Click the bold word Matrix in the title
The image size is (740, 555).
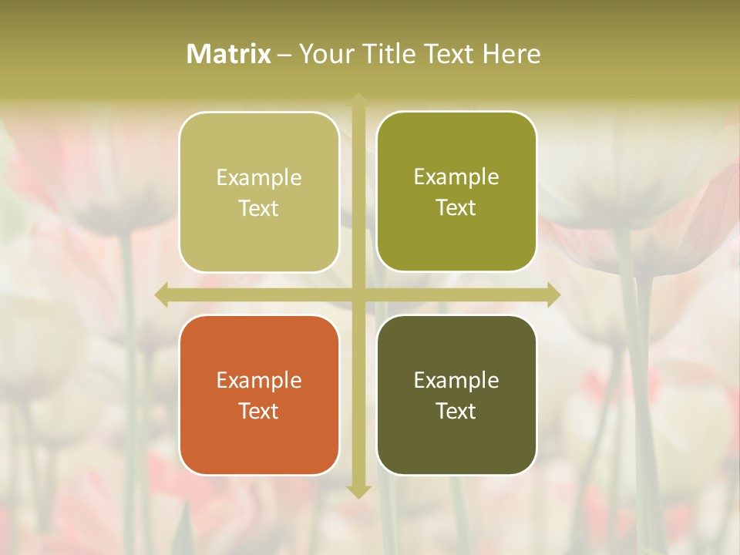point(229,54)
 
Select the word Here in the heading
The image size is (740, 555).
point(512,54)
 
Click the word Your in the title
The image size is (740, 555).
point(325,54)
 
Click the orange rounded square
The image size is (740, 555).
point(259,395)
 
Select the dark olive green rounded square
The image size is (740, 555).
point(456,395)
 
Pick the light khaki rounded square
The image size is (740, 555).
point(259,192)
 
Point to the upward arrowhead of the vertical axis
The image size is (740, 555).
point(358,100)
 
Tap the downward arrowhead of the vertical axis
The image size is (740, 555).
point(358,491)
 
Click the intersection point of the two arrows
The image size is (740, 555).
point(358,294)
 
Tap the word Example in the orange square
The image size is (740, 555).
point(259,380)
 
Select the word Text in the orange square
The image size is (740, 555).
point(259,411)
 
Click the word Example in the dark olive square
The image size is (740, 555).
point(456,380)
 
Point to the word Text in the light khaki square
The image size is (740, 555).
point(259,208)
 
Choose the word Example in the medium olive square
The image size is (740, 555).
point(456,177)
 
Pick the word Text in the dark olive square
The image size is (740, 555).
point(456,411)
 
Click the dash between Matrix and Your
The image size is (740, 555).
point(284,55)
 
